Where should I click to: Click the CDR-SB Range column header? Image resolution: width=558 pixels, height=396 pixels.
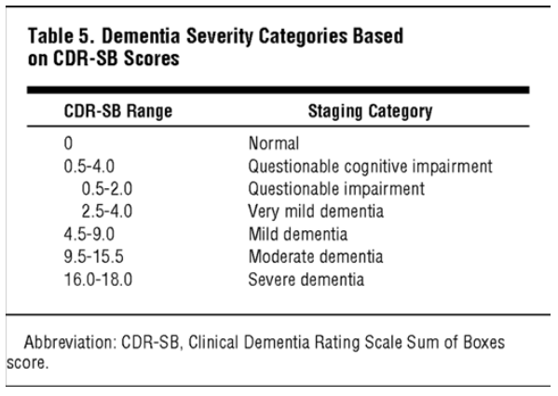[118, 111]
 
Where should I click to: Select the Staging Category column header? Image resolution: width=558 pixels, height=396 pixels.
[370, 112]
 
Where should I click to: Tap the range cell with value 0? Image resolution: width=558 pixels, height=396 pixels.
[68, 143]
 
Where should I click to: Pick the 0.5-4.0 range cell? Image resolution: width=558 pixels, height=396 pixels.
[89, 166]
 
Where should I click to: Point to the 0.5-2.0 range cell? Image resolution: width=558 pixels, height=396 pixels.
[107, 188]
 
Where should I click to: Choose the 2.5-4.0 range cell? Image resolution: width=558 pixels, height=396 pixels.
[107, 212]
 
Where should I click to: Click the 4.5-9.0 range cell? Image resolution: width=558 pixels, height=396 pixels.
[89, 234]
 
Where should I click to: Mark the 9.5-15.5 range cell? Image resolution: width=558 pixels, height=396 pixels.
[93, 256]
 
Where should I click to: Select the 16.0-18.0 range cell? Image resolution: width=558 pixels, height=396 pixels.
[98, 280]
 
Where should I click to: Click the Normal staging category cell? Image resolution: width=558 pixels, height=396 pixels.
[274, 143]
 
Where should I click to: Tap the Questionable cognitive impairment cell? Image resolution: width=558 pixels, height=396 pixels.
[370, 167]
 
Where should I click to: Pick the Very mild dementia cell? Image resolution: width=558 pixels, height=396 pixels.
[316, 212]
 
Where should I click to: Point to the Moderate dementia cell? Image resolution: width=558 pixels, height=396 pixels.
[316, 256]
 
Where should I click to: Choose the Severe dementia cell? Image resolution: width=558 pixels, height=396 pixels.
[306, 280]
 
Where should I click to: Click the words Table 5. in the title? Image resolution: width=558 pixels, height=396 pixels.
[61, 36]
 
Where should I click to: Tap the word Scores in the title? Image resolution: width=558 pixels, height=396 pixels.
[151, 58]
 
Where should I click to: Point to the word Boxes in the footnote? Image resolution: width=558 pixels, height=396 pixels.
[484, 342]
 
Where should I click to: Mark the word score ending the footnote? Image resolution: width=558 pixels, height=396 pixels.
[27, 363]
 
